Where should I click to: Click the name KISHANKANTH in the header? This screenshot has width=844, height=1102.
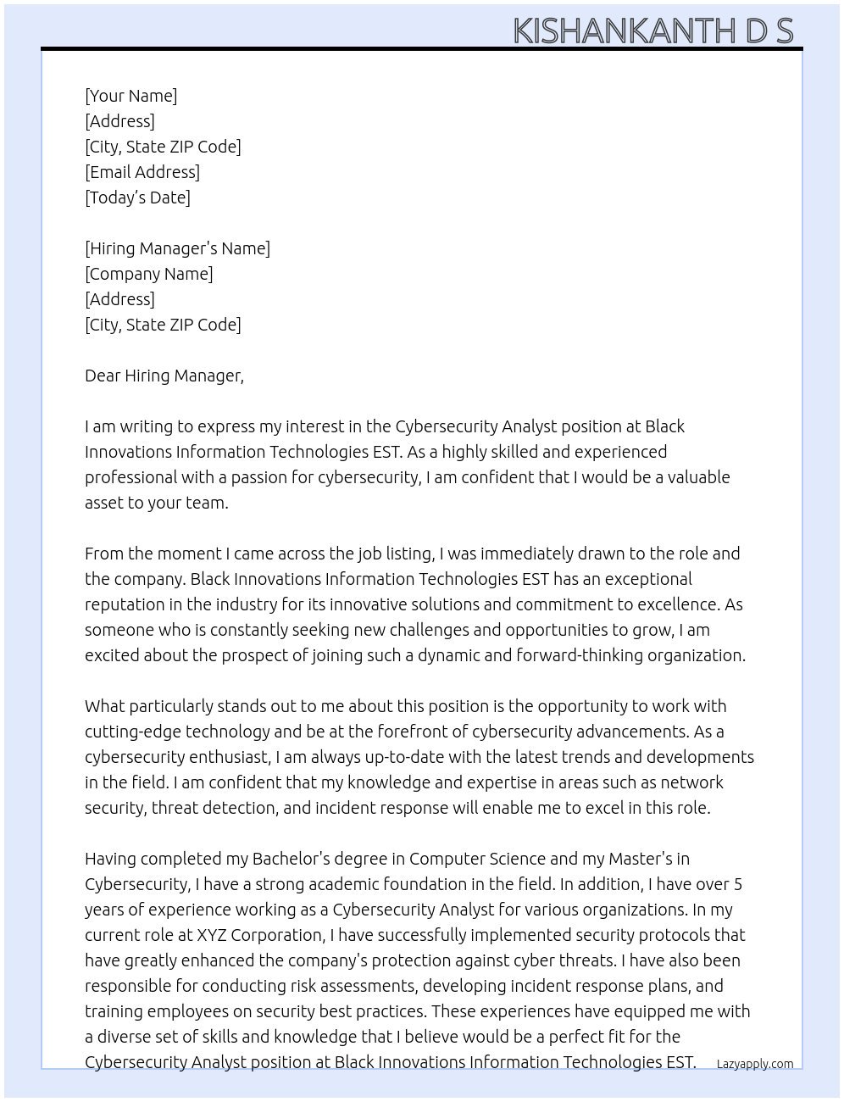624,31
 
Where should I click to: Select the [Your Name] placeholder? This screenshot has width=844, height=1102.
130,96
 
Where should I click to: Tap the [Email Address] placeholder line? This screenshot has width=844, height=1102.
142,172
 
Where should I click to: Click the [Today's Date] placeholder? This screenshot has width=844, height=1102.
137,198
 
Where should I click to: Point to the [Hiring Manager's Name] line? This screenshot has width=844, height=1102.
177,248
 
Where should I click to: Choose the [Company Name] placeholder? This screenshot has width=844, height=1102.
148,274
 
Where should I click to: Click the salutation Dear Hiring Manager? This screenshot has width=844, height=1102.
164,376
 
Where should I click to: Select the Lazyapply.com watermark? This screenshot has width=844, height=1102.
754,1064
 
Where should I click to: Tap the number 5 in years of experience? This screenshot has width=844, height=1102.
737,884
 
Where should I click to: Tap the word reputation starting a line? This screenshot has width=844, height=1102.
125,604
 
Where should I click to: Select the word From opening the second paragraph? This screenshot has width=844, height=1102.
103,554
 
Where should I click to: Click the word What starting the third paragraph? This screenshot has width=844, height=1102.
104,706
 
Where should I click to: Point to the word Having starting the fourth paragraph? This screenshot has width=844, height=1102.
111,859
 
